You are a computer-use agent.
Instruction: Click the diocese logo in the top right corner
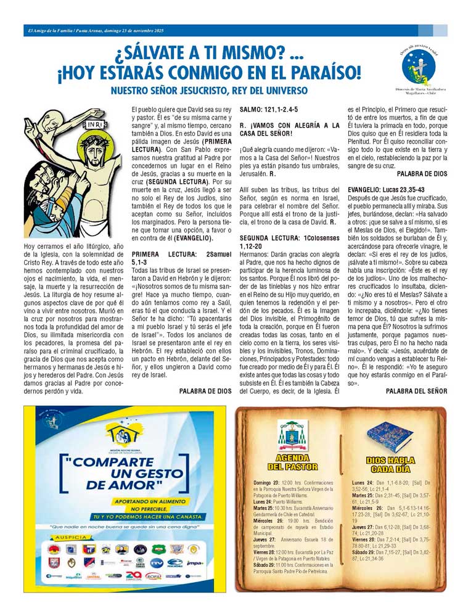(x=419, y=67)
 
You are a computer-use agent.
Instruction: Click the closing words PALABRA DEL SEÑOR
(x=416, y=391)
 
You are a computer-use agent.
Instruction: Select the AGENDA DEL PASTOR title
(x=292, y=462)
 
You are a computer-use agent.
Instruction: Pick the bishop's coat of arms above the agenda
(x=292, y=435)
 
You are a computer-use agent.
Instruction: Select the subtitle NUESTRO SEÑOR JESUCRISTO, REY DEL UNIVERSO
(x=208, y=91)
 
